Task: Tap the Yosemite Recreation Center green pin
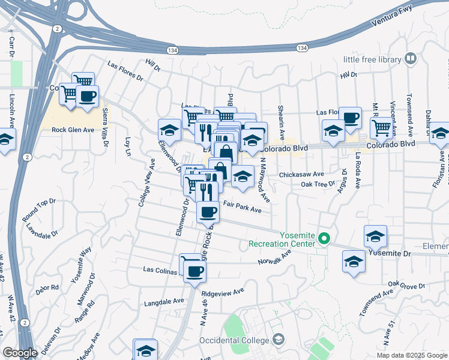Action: (324, 239)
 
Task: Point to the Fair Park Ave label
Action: (243, 209)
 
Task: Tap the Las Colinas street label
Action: (160, 270)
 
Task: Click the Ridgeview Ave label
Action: (223, 293)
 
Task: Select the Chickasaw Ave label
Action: (301, 174)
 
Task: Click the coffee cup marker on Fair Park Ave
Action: (208, 212)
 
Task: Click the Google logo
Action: (20, 352)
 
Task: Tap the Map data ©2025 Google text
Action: (412, 355)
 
